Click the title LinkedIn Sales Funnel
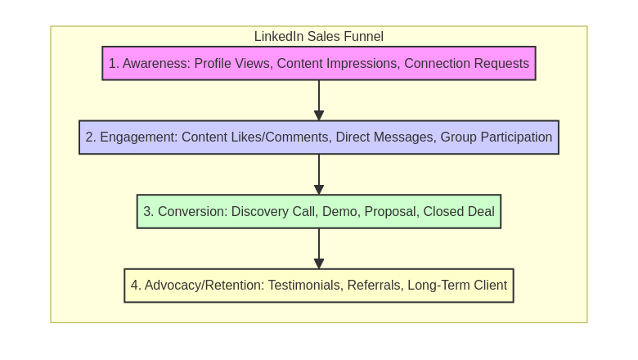(x=318, y=37)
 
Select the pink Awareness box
(x=318, y=63)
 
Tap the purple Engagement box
(x=318, y=137)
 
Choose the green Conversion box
(x=318, y=211)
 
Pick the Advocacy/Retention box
(x=318, y=286)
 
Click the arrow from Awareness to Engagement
(x=319, y=101)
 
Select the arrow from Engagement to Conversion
(x=319, y=174)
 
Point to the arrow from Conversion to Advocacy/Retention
(x=319, y=249)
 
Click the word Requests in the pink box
(x=501, y=64)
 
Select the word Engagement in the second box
(x=137, y=137)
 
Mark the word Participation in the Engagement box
(x=514, y=137)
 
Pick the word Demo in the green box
(x=339, y=212)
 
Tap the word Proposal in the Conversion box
(x=389, y=212)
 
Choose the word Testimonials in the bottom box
(x=303, y=286)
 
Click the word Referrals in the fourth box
(x=374, y=286)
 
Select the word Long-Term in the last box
(x=438, y=286)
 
